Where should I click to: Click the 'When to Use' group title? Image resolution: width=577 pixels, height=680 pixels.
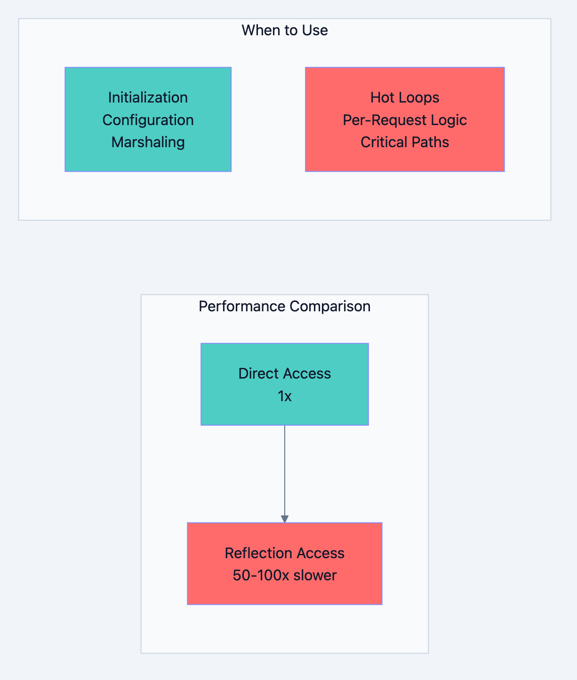point(284,30)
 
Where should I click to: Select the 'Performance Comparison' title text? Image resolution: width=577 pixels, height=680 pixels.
point(284,306)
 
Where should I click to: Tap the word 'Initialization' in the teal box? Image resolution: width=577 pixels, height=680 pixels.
point(148,97)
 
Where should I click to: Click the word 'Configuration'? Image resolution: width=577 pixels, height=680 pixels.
point(148,120)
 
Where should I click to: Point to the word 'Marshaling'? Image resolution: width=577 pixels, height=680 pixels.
point(148,142)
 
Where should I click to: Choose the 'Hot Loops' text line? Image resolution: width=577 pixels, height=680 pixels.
point(404,97)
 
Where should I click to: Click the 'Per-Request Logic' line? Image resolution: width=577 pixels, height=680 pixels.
point(404,120)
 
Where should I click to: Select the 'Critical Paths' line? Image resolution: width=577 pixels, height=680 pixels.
point(404,142)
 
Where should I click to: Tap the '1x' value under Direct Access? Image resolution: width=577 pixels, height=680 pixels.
point(284,396)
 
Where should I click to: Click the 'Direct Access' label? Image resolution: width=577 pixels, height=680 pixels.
point(284,373)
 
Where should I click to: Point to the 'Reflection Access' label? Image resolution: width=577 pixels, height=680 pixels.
point(284,553)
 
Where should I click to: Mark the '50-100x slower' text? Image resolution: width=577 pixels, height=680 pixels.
point(284,575)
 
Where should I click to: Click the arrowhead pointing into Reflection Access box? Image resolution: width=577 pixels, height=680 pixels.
point(284,519)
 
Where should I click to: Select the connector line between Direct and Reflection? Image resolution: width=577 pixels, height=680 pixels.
point(284,470)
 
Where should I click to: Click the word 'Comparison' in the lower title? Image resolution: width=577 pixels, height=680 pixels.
point(330,306)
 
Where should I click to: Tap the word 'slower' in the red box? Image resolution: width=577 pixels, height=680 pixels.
point(315,575)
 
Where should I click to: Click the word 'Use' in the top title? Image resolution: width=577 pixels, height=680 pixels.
point(315,30)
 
